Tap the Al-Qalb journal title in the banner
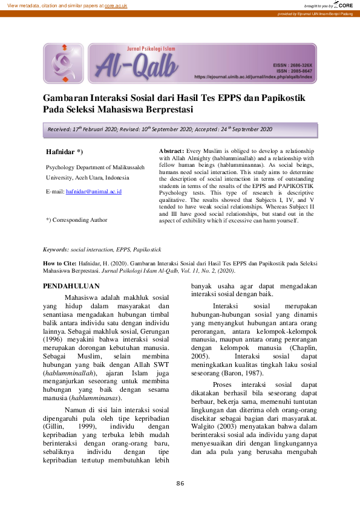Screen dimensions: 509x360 134,64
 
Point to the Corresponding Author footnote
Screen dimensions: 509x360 76,220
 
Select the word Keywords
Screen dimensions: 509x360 55,249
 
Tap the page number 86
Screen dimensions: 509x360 180,483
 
